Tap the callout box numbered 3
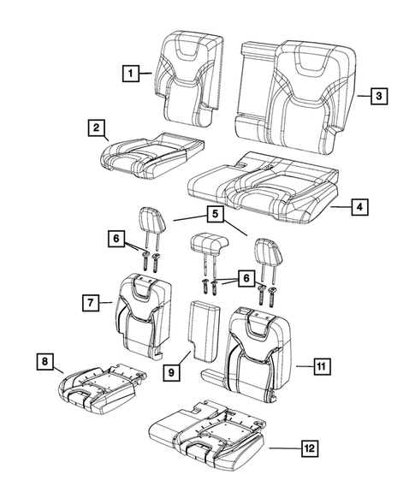point(376,97)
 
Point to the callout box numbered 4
point(360,206)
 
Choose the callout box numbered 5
point(211,214)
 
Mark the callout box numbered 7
point(88,301)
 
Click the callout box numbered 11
point(319,367)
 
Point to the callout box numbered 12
point(307,447)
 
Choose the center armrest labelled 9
point(205,334)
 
